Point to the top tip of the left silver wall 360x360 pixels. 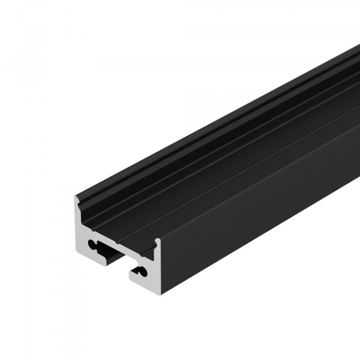[77, 197]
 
